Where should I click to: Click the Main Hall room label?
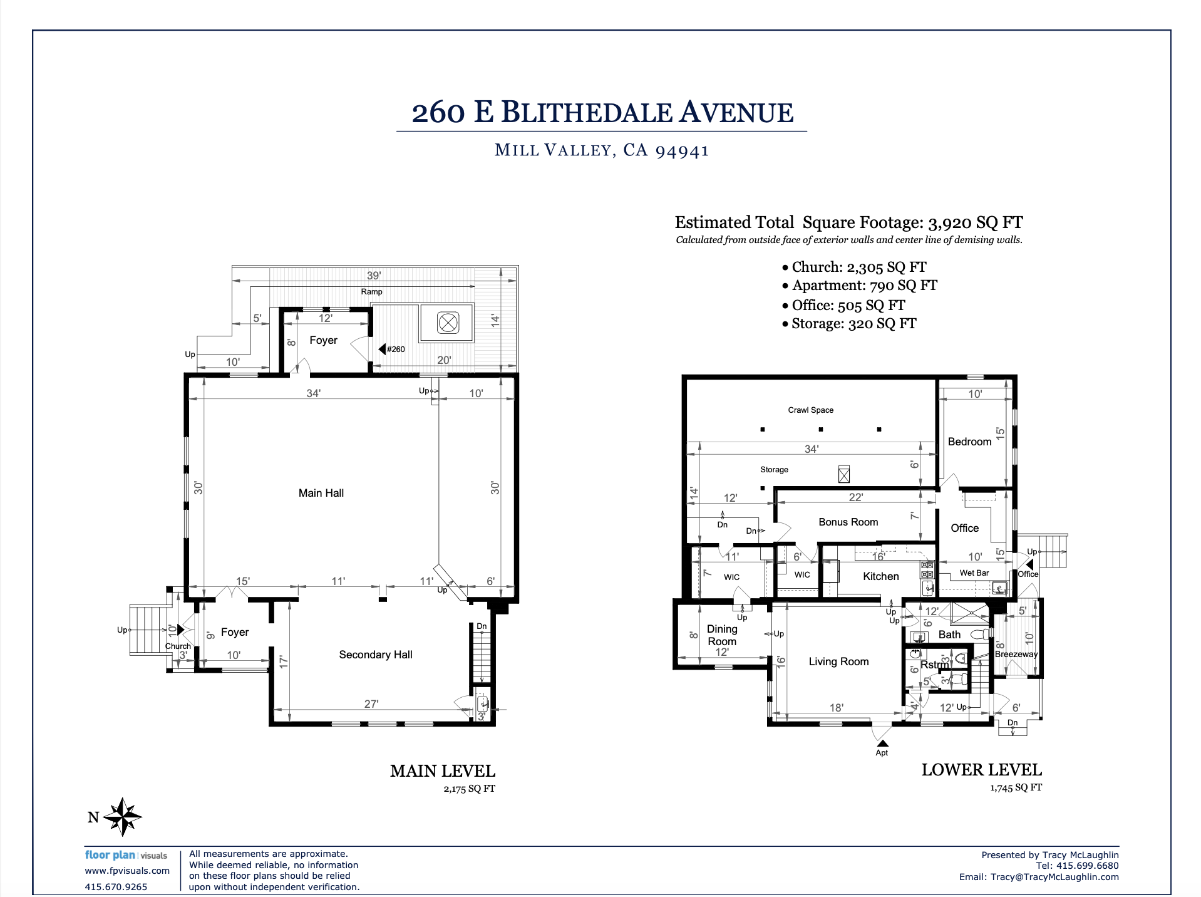coord(321,493)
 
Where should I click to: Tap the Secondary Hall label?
coord(376,655)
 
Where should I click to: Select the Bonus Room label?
coord(848,522)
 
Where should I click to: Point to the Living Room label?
coord(838,661)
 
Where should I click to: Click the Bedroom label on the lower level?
coord(969,442)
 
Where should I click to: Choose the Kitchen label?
coord(881,576)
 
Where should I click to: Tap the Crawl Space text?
coord(811,410)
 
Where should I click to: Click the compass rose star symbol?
coord(123,817)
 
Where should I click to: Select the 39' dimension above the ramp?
coord(374,276)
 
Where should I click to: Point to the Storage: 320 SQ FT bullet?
coord(849,324)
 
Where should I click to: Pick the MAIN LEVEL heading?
coord(443,771)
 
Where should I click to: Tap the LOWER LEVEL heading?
coord(982,770)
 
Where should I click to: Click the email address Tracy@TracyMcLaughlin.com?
coord(1054,877)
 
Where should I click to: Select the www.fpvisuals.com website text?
coord(127,871)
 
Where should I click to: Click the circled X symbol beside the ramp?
coord(448,323)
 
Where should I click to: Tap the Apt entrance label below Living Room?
coord(882,753)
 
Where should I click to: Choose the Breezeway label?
coord(1016,654)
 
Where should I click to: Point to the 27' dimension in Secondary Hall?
coord(371,704)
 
